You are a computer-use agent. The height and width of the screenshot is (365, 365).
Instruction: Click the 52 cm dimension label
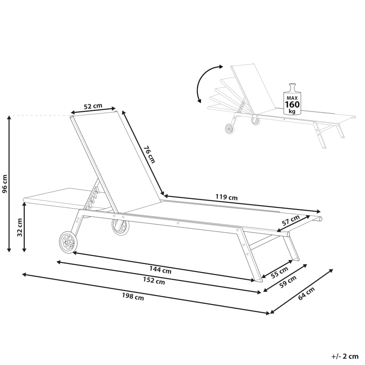coord(93,106)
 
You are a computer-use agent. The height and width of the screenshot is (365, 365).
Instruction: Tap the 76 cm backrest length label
coord(149,154)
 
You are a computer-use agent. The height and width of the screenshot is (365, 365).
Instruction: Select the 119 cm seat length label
coord(226,197)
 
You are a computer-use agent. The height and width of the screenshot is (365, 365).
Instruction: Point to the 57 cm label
coord(291,221)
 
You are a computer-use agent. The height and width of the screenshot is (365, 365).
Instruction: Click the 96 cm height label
coord(5,184)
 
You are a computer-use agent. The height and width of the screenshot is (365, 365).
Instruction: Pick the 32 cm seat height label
coord(19,227)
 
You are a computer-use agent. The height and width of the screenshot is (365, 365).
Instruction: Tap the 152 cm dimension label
coord(154,281)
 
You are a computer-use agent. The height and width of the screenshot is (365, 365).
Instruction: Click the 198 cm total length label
coord(133,296)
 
